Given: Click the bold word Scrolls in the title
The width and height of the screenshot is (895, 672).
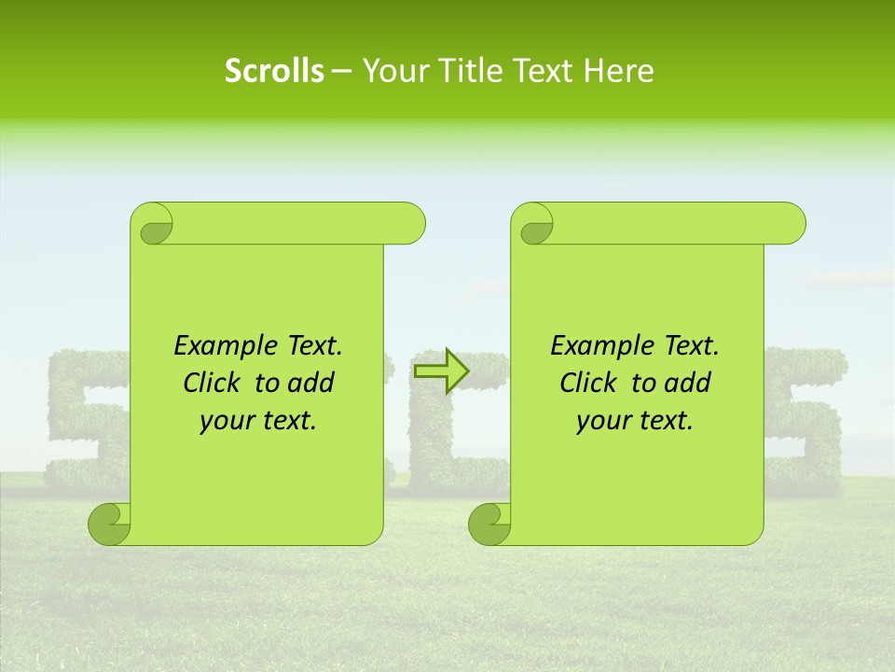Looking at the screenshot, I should pos(274,71).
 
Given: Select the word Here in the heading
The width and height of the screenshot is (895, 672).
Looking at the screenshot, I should pos(618,71).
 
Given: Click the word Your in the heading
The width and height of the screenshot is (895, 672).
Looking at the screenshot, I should pos(392,71).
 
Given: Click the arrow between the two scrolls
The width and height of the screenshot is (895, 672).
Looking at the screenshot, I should pos(440,371).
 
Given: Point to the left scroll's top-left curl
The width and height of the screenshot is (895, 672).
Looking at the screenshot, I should pos(152,225).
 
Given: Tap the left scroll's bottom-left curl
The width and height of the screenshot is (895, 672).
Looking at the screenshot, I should pos(109,524).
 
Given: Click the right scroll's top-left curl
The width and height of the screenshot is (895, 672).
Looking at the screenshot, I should pos(533,225).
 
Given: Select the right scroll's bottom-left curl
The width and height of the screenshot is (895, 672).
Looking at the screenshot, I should pos(489,524).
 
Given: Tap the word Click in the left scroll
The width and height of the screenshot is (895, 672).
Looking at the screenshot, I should pos(213,383).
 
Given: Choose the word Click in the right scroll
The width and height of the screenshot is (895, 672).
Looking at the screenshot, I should pos(589,383).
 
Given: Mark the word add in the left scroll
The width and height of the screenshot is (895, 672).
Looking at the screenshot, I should pos(311,383).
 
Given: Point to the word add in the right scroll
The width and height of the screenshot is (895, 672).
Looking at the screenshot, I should pos(688,383).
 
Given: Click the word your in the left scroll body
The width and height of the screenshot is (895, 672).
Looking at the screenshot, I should pos(224,421).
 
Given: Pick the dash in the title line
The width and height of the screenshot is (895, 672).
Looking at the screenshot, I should pos(341,71).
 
